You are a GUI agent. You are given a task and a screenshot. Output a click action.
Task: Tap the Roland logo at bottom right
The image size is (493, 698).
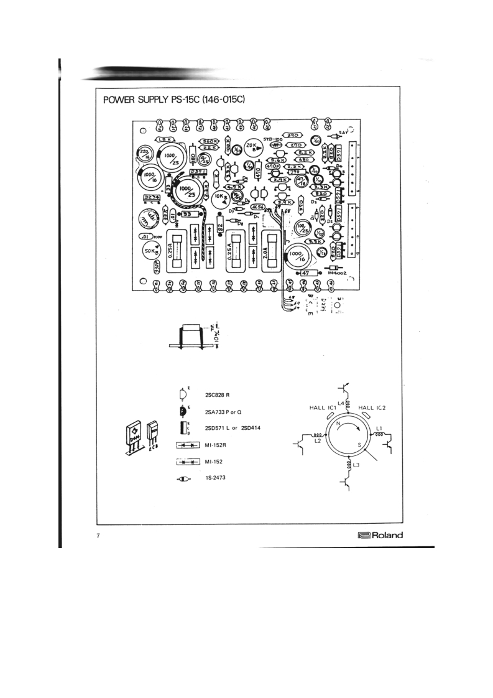pyautogui.click(x=380, y=536)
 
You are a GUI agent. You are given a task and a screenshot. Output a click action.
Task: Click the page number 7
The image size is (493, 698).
pyautogui.click(x=98, y=536)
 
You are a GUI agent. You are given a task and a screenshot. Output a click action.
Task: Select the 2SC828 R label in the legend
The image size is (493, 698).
pyautogui.click(x=217, y=394)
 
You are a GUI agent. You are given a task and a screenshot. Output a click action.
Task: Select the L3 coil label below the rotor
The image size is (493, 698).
pyautogui.click(x=356, y=465)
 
